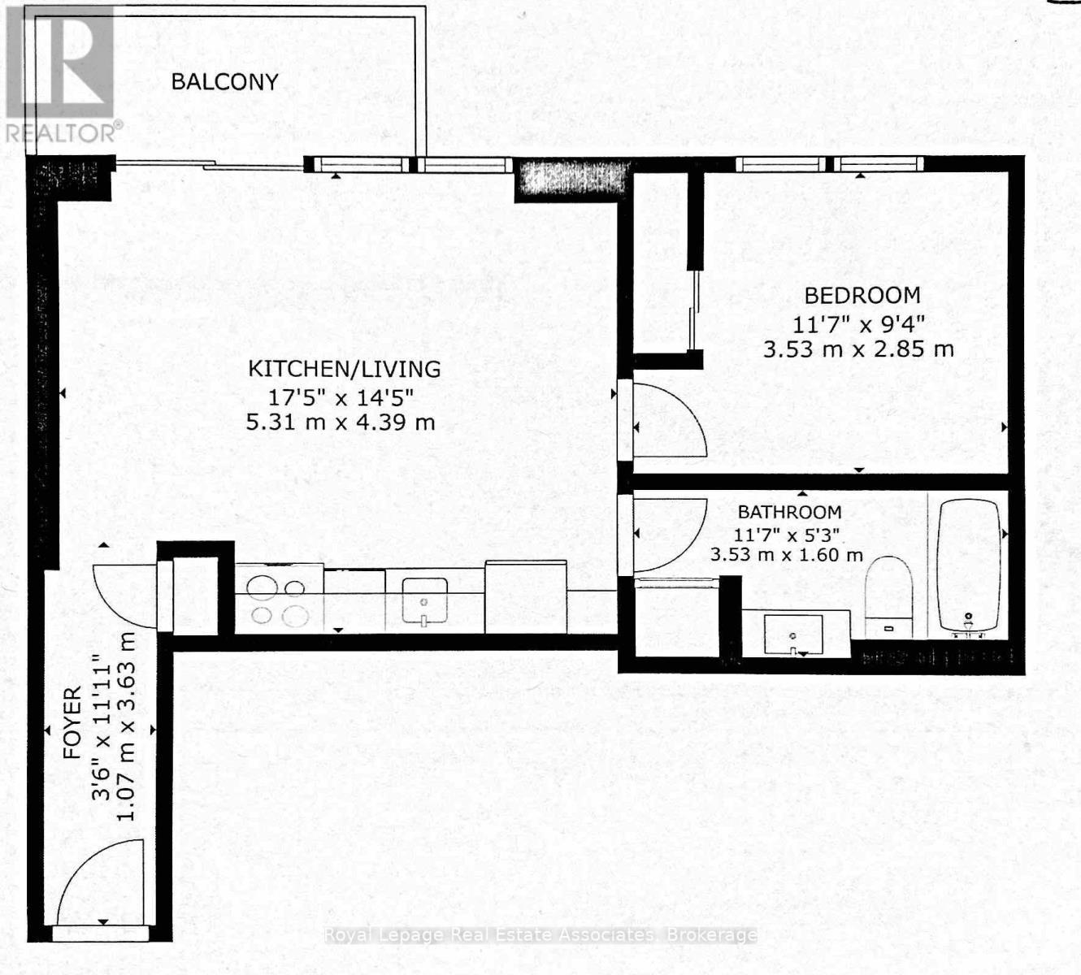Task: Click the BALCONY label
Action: (224, 81)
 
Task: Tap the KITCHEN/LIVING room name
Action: (344, 369)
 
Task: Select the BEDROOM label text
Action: (862, 295)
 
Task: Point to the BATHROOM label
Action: (789, 512)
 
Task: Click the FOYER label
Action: (73, 722)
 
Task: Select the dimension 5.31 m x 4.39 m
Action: (341, 422)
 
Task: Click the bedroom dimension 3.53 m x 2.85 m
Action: (858, 349)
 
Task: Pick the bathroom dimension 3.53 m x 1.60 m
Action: (786, 556)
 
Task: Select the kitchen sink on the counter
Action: (423, 602)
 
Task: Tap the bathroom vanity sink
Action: (793, 634)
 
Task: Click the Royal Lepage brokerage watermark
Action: (540, 935)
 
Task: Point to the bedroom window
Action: (830, 164)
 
